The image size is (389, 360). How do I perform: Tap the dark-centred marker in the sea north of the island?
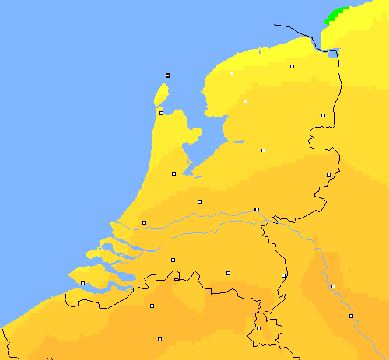click(167, 75)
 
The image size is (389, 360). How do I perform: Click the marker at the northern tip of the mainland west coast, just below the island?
click(161, 113)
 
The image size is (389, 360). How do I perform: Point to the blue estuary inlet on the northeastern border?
click(334, 54)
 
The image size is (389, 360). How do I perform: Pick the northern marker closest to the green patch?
click(293, 67)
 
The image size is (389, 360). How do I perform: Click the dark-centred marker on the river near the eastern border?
click(257, 209)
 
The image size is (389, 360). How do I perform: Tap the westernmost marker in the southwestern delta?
click(82, 283)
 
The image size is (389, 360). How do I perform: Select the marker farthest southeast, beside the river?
click(351, 316)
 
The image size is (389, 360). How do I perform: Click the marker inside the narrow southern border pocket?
click(258, 328)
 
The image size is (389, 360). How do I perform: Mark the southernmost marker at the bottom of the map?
click(159, 339)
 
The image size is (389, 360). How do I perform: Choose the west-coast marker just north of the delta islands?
click(144, 223)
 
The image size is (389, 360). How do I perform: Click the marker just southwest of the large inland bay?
click(173, 173)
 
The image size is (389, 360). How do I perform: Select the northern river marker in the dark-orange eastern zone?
click(333, 286)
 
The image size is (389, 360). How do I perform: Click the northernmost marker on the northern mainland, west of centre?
click(232, 74)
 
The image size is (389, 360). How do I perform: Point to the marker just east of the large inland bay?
click(263, 150)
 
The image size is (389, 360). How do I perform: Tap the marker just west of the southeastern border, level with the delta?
click(284, 274)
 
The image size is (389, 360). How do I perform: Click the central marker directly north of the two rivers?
click(199, 201)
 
